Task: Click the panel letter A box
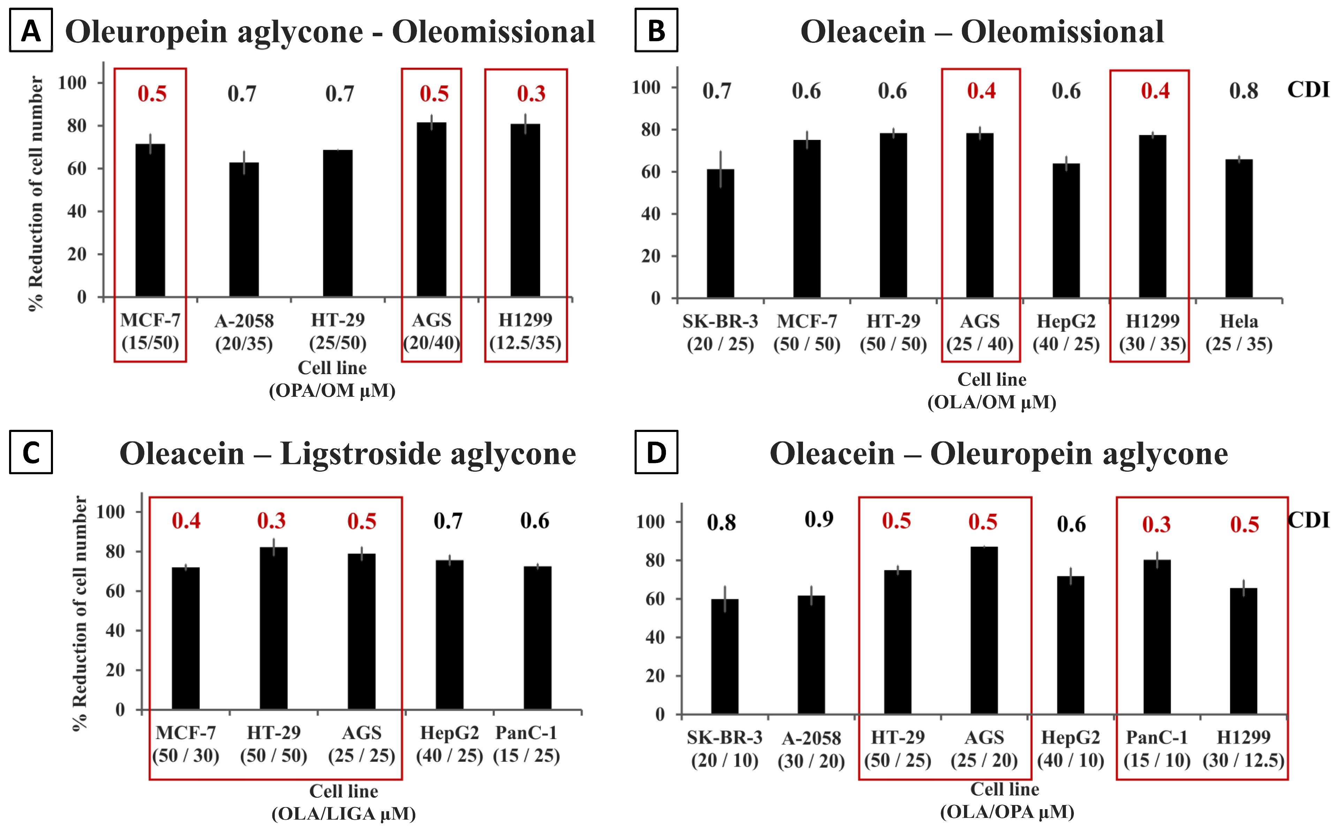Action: click(x=31, y=31)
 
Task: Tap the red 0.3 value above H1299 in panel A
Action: click(x=531, y=94)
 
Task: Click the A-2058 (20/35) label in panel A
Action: click(x=244, y=332)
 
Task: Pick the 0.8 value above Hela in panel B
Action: click(x=1244, y=91)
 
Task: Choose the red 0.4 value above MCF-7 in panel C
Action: click(x=186, y=521)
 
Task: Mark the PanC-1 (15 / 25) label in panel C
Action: click(x=526, y=744)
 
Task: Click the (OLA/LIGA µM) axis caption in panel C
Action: click(x=343, y=814)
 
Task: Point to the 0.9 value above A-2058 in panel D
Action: click(x=819, y=519)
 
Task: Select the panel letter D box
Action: click(x=656, y=452)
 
